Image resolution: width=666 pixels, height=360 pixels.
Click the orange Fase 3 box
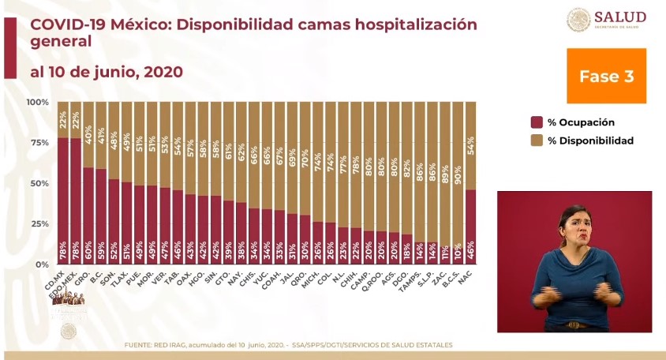click(606, 77)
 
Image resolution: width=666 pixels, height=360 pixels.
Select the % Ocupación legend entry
click(573, 122)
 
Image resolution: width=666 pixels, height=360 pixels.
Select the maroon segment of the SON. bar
click(115, 222)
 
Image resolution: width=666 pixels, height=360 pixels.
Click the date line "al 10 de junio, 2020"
click(107, 72)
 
